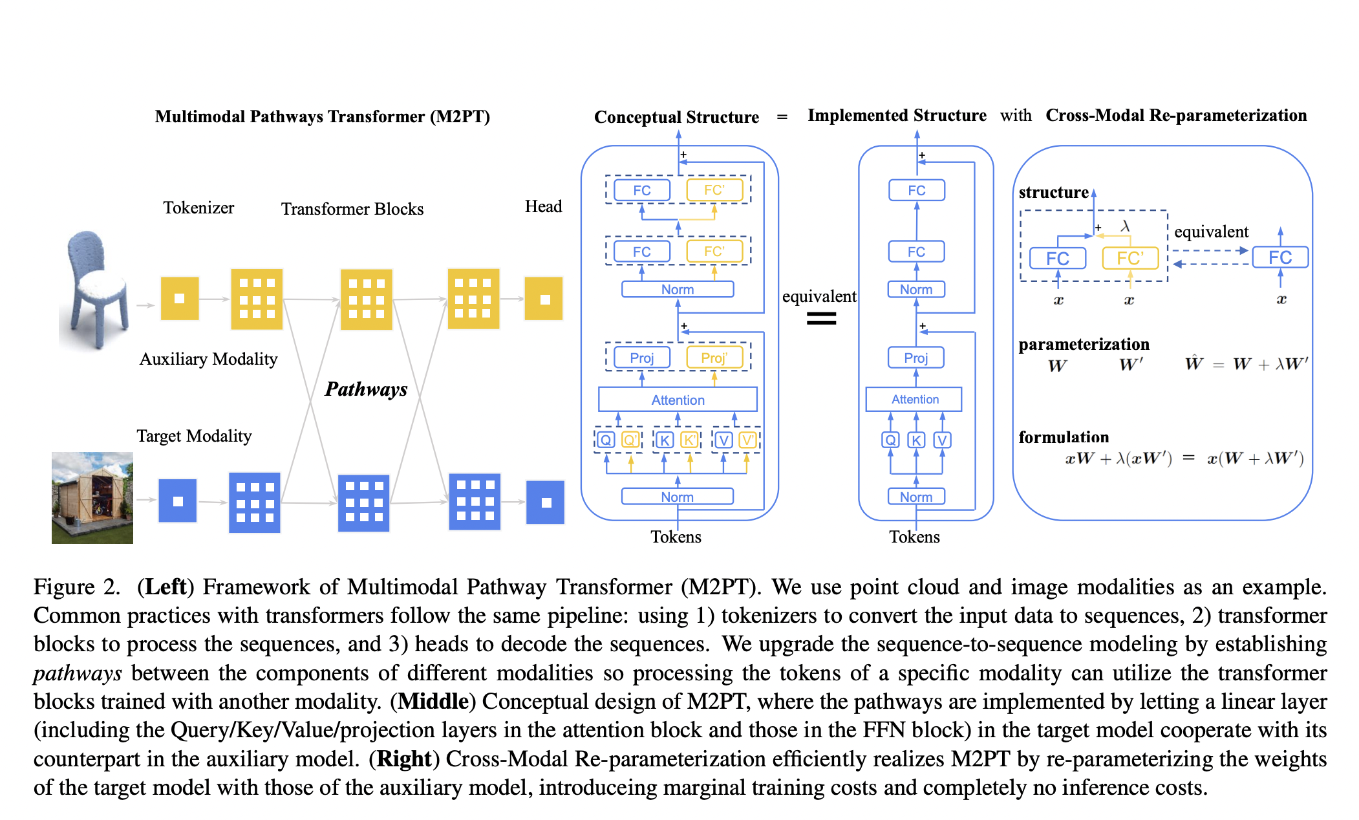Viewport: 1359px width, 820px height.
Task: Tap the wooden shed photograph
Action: [x=92, y=497]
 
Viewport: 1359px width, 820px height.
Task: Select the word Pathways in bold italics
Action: [x=366, y=389]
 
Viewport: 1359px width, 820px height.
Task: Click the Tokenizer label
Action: [x=198, y=208]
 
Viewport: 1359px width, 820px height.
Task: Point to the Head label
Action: [x=543, y=207]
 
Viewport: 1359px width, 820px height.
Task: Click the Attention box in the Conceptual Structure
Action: [x=678, y=400]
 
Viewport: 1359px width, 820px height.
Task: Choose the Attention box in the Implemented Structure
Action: [x=914, y=400]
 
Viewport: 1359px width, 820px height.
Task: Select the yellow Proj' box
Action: [x=714, y=358]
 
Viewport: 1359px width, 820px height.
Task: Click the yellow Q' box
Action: [x=630, y=440]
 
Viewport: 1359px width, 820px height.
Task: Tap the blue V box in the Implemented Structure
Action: [x=942, y=440]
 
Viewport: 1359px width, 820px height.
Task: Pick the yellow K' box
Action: [x=689, y=440]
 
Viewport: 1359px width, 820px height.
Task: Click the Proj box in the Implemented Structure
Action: [x=915, y=358]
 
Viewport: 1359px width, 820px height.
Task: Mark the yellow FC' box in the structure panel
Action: [x=1129, y=259]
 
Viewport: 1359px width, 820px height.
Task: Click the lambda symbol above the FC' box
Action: [x=1125, y=226]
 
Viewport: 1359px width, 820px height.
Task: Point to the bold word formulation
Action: [x=1064, y=438]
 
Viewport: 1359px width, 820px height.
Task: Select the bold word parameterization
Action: [x=1084, y=344]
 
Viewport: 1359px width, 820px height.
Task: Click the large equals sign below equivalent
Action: [x=821, y=318]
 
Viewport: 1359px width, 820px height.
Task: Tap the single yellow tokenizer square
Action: [x=180, y=298]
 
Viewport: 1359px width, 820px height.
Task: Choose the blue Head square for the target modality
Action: [x=546, y=502]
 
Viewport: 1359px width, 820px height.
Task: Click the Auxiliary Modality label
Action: [x=208, y=360]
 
